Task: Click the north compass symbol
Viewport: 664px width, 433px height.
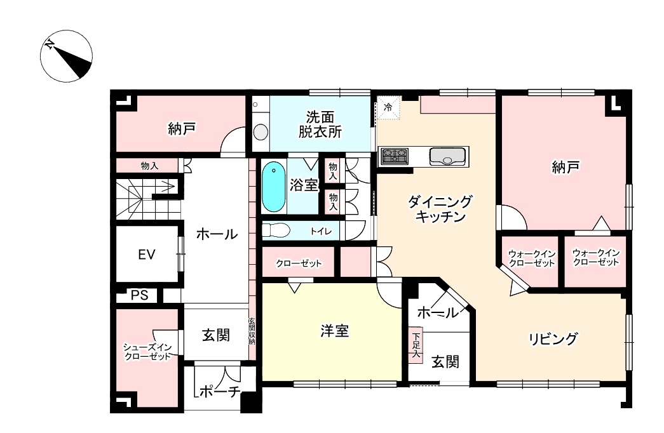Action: (67, 56)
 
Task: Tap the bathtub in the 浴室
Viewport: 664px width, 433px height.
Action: (274, 187)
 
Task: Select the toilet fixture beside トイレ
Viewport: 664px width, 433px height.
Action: (276, 230)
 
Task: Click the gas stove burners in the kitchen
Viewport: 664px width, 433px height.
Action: (394, 156)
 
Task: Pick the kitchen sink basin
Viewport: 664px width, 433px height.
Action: (447, 157)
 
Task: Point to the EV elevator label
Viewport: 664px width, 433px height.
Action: (147, 255)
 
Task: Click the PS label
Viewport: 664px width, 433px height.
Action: (140, 295)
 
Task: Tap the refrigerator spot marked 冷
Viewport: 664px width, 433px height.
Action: (388, 107)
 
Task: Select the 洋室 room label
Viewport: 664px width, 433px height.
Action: (334, 331)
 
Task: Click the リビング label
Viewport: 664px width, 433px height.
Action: (553, 339)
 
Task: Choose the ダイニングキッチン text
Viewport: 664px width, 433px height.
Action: (440, 209)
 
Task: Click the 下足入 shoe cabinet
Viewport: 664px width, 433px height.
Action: (416, 345)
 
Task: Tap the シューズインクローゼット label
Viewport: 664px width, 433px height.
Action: (147, 352)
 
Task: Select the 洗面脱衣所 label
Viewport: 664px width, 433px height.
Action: (320, 124)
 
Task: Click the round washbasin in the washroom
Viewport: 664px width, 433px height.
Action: (261, 131)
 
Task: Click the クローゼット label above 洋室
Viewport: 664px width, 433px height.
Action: (299, 263)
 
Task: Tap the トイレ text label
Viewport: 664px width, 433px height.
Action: (321, 231)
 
